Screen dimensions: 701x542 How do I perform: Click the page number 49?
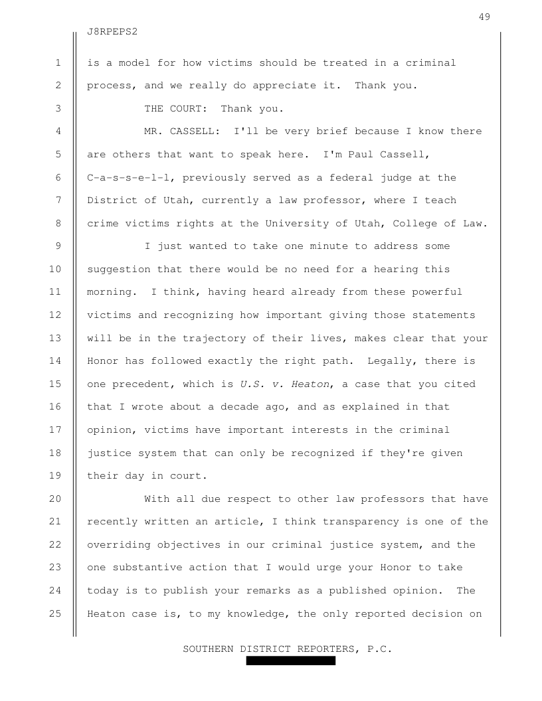[x=484, y=17]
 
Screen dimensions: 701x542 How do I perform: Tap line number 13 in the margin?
[x=58, y=337]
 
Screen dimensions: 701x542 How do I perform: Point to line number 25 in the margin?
[x=58, y=614]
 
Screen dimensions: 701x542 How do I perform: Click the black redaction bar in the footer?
[x=290, y=661]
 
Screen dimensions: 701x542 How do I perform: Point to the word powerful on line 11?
[x=435, y=291]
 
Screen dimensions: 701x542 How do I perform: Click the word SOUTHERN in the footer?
[x=209, y=649]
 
